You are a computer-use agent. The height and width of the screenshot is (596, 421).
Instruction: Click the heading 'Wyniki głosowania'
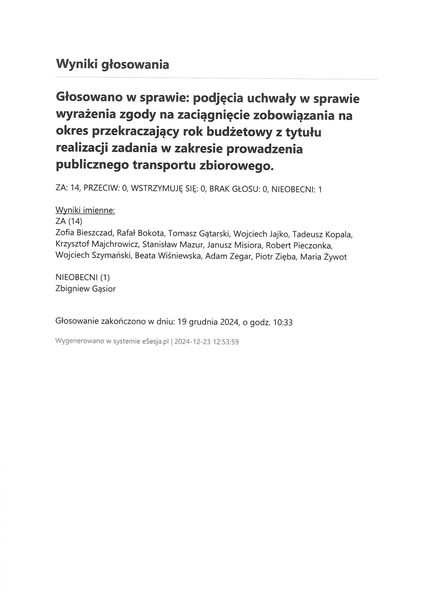click(x=112, y=64)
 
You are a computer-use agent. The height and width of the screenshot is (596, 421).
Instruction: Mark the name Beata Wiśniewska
click(x=168, y=256)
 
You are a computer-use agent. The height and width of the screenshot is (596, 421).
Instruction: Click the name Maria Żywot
click(x=323, y=257)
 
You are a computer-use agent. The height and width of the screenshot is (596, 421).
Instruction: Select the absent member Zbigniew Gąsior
click(x=86, y=289)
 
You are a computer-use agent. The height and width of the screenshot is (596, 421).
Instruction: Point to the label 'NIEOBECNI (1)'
click(x=83, y=277)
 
